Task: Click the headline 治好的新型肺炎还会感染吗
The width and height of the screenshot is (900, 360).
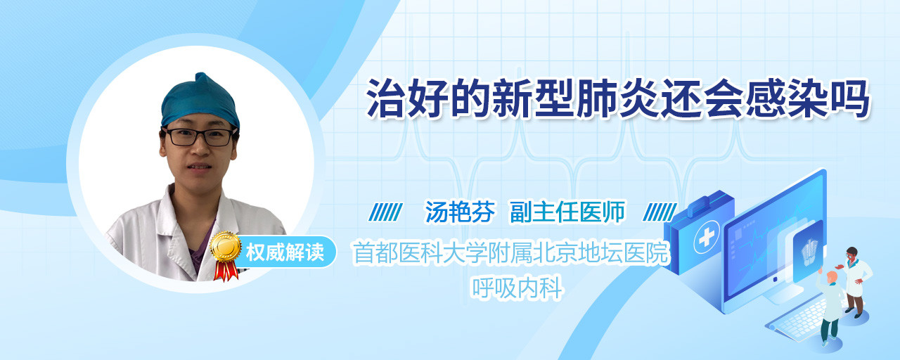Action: pyautogui.click(x=618, y=99)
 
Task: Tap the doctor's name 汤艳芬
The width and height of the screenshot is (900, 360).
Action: pyautogui.click(x=460, y=212)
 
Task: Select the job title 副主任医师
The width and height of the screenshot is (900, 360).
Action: pyautogui.click(x=567, y=212)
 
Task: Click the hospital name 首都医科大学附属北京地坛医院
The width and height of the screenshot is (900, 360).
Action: pyautogui.click(x=510, y=252)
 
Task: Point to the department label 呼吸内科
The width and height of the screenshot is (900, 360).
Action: pyautogui.click(x=516, y=288)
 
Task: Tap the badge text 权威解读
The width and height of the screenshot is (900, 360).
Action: pyautogui.click(x=285, y=252)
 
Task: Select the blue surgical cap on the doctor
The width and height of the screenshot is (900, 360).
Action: pyautogui.click(x=200, y=101)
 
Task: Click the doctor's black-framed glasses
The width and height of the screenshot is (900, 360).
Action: pyautogui.click(x=200, y=137)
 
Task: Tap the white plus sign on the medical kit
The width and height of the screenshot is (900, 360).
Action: pyautogui.click(x=706, y=238)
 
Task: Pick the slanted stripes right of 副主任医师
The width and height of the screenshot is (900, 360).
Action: pyautogui.click(x=660, y=212)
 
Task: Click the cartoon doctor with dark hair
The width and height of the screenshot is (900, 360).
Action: pyautogui.click(x=856, y=282)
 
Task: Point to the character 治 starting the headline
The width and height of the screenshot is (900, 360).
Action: pyautogui.click(x=387, y=99)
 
